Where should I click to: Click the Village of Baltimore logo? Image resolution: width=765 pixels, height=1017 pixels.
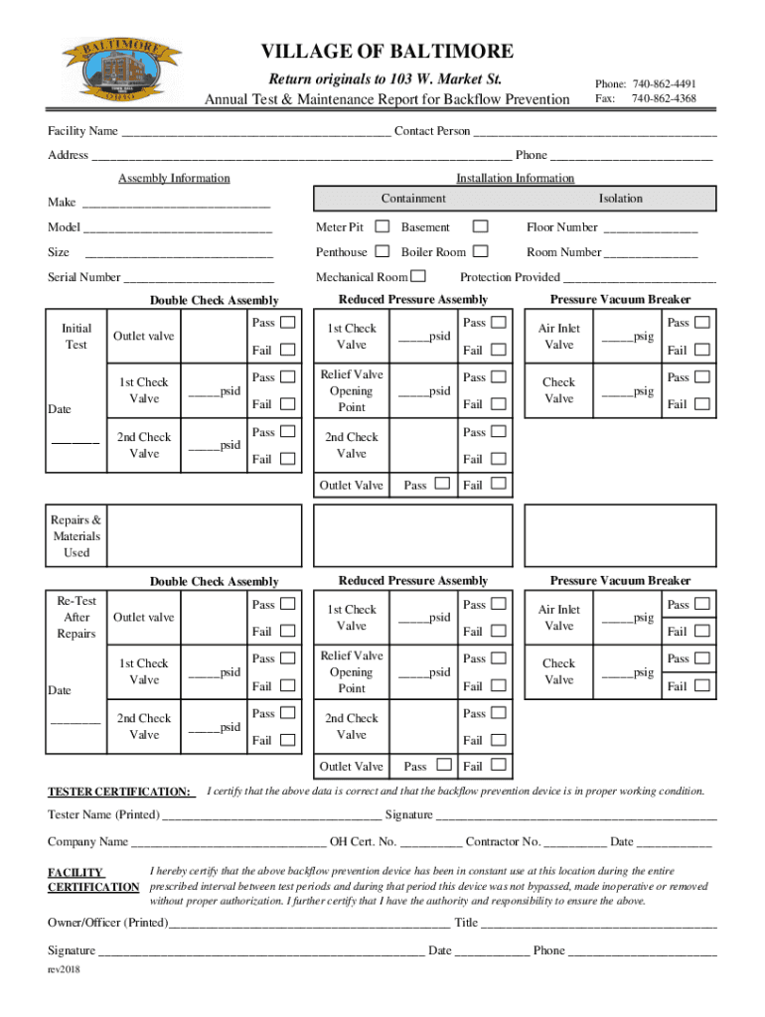point(121,68)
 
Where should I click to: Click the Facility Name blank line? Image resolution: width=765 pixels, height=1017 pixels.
point(255,133)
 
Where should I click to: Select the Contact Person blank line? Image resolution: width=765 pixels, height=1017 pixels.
point(595,133)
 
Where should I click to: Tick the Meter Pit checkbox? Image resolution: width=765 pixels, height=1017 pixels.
point(382,227)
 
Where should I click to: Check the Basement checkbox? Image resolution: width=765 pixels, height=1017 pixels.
point(480,227)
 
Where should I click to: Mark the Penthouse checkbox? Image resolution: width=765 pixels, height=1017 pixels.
point(382,252)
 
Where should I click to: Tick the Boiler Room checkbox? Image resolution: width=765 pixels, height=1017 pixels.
point(480,252)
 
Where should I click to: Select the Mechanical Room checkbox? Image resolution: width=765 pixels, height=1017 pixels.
point(419,276)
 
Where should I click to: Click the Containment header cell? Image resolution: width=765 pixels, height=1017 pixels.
point(413,199)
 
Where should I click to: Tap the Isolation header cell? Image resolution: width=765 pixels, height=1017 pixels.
point(621,199)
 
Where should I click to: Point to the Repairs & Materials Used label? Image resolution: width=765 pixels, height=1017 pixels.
point(76,536)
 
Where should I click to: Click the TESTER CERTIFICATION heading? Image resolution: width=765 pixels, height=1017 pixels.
point(121,792)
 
